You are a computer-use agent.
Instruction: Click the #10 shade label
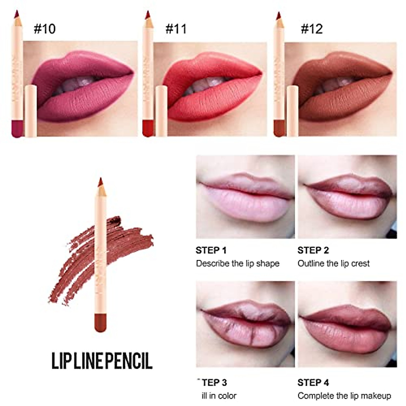(44, 29)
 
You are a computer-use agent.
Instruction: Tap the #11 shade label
(176, 29)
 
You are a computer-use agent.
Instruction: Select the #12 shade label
(312, 29)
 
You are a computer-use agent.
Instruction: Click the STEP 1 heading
(211, 250)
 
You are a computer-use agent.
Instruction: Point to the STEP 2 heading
(313, 250)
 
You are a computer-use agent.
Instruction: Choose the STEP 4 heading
(313, 383)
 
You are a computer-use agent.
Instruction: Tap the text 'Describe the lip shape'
(238, 264)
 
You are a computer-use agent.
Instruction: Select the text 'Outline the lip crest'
(333, 264)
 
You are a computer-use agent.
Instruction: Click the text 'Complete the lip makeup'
(344, 396)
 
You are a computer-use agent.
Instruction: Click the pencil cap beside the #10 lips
(31, 111)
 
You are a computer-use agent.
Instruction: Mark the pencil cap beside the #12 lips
(292, 111)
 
